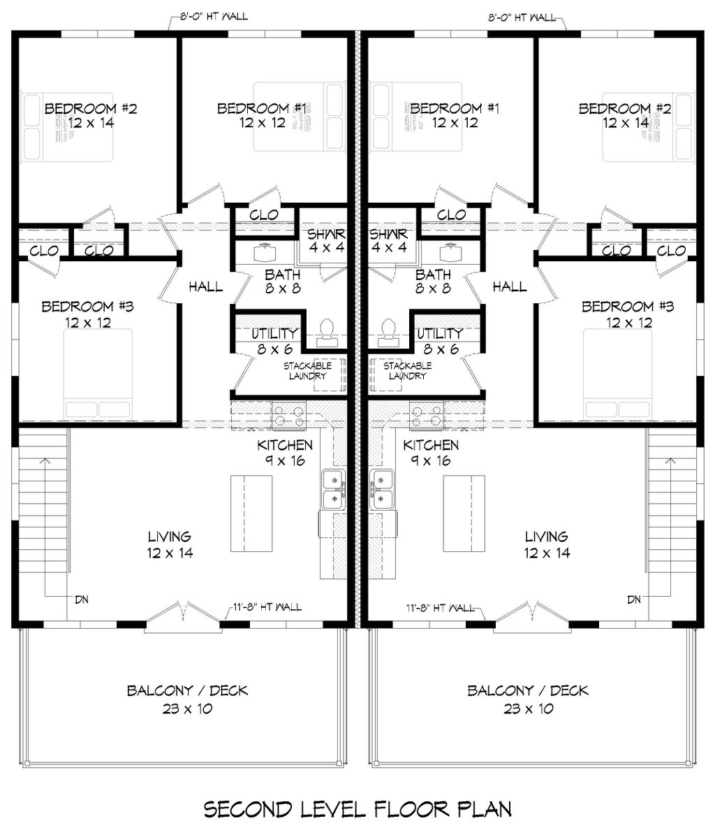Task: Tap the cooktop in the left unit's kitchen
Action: [x=288, y=415]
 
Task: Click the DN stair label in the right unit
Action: [x=634, y=599]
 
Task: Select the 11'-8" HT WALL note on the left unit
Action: [x=268, y=606]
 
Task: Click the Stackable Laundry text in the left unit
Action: [x=307, y=370]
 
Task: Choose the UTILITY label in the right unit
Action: [x=439, y=333]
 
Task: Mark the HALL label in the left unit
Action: [x=206, y=286]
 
